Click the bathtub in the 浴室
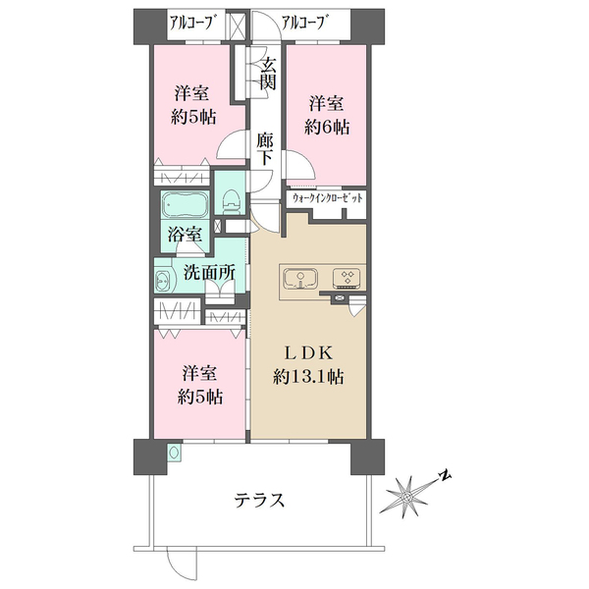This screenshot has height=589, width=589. click(x=185, y=205)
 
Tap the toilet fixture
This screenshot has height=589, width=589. click(x=231, y=198)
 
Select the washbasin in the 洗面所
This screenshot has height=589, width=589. click(x=163, y=280)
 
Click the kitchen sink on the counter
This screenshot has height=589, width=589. click(x=300, y=279)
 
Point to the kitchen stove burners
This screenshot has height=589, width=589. click(x=347, y=279)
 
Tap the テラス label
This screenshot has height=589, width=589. click(x=259, y=500)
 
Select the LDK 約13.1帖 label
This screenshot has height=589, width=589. click(x=307, y=365)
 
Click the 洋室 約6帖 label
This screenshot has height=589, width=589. click(x=327, y=115)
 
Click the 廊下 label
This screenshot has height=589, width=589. click(x=265, y=149)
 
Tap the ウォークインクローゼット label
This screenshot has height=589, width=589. click(x=327, y=198)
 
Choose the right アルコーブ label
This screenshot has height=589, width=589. click(x=302, y=24)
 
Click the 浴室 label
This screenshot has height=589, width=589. click(x=185, y=235)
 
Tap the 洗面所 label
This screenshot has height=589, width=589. click(x=209, y=272)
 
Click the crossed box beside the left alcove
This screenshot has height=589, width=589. click(x=238, y=27)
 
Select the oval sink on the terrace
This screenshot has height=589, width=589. click(x=175, y=452)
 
